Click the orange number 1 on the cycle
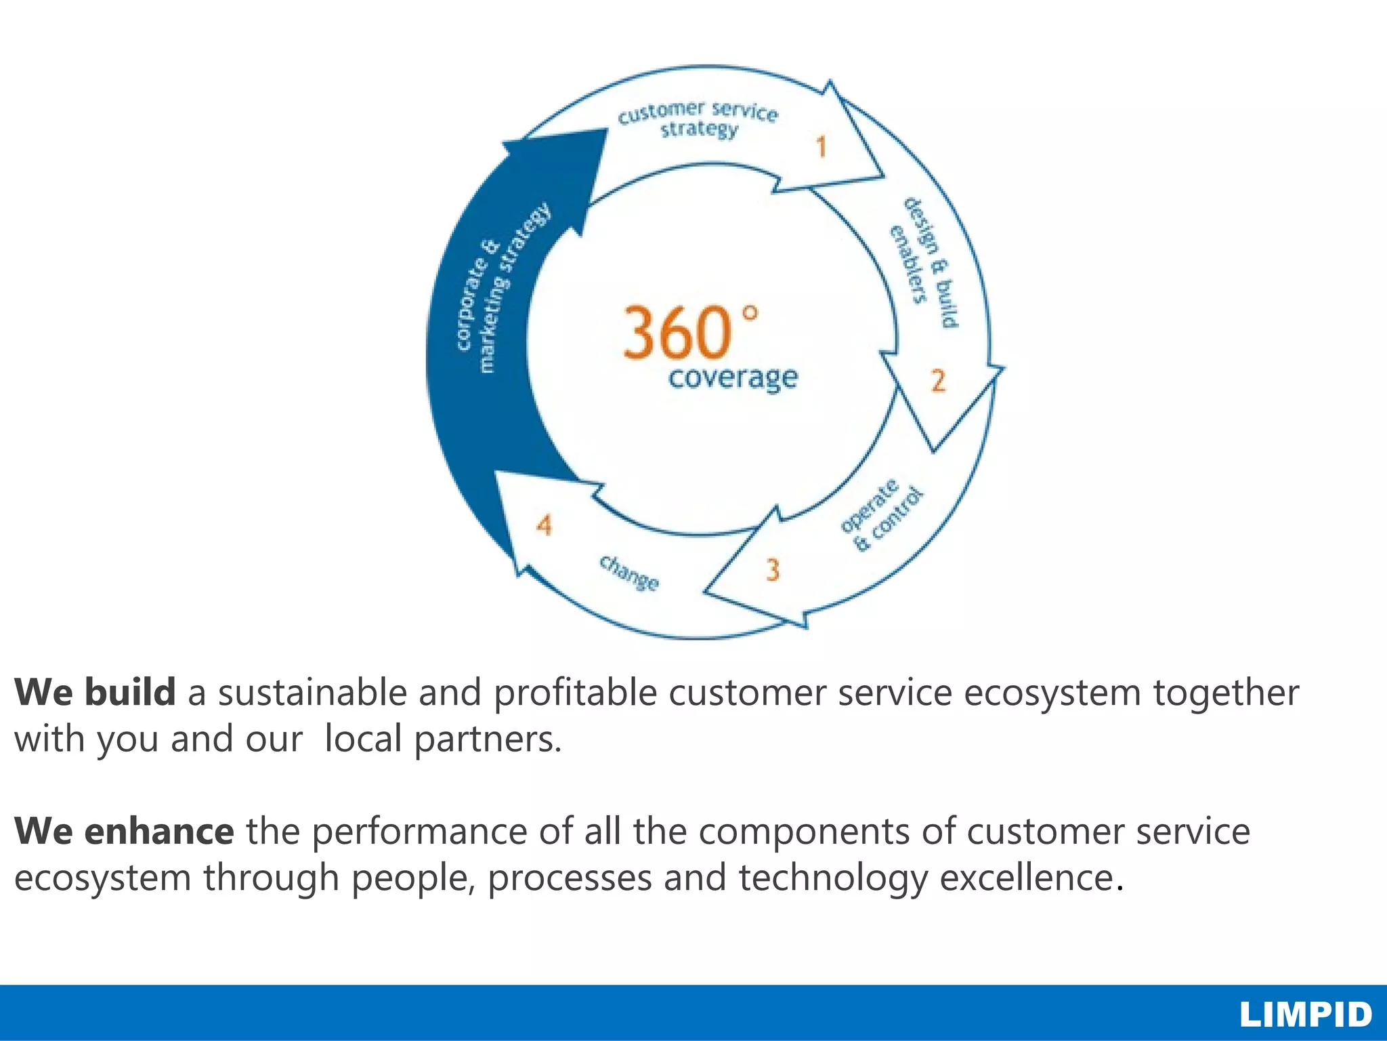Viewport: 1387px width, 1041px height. tap(821, 146)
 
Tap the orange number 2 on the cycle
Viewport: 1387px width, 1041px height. tap(938, 381)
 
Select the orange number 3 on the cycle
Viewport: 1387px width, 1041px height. tap(773, 570)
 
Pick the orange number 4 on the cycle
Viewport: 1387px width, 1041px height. tap(545, 525)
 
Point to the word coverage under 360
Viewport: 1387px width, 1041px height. tap(733, 377)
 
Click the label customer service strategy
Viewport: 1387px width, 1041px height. tap(698, 119)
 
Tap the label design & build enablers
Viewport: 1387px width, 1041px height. tap(924, 261)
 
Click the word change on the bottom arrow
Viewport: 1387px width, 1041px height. tap(628, 573)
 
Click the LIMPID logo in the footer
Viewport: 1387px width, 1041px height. tap(1306, 1015)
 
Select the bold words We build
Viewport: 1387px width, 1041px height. tap(95, 693)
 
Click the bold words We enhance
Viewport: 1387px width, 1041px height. tap(124, 832)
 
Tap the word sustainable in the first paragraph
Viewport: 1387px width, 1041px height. tap(311, 693)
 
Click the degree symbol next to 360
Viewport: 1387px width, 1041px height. tap(749, 314)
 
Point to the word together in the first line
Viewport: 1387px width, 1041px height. tap(1226, 693)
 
